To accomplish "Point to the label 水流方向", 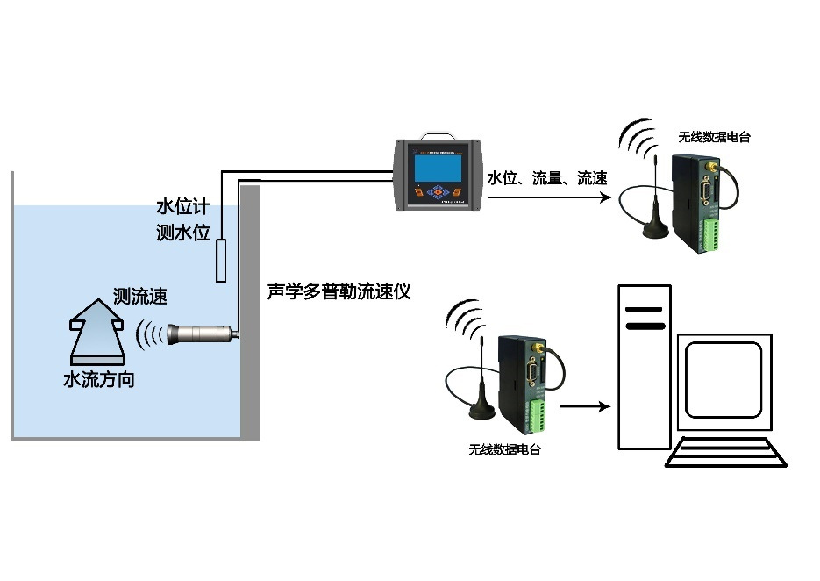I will [99, 381].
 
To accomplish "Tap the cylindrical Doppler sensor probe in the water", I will [203, 334].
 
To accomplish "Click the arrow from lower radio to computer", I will [584, 406].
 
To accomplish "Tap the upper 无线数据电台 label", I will [714, 137].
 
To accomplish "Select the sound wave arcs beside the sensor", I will [150, 334].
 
